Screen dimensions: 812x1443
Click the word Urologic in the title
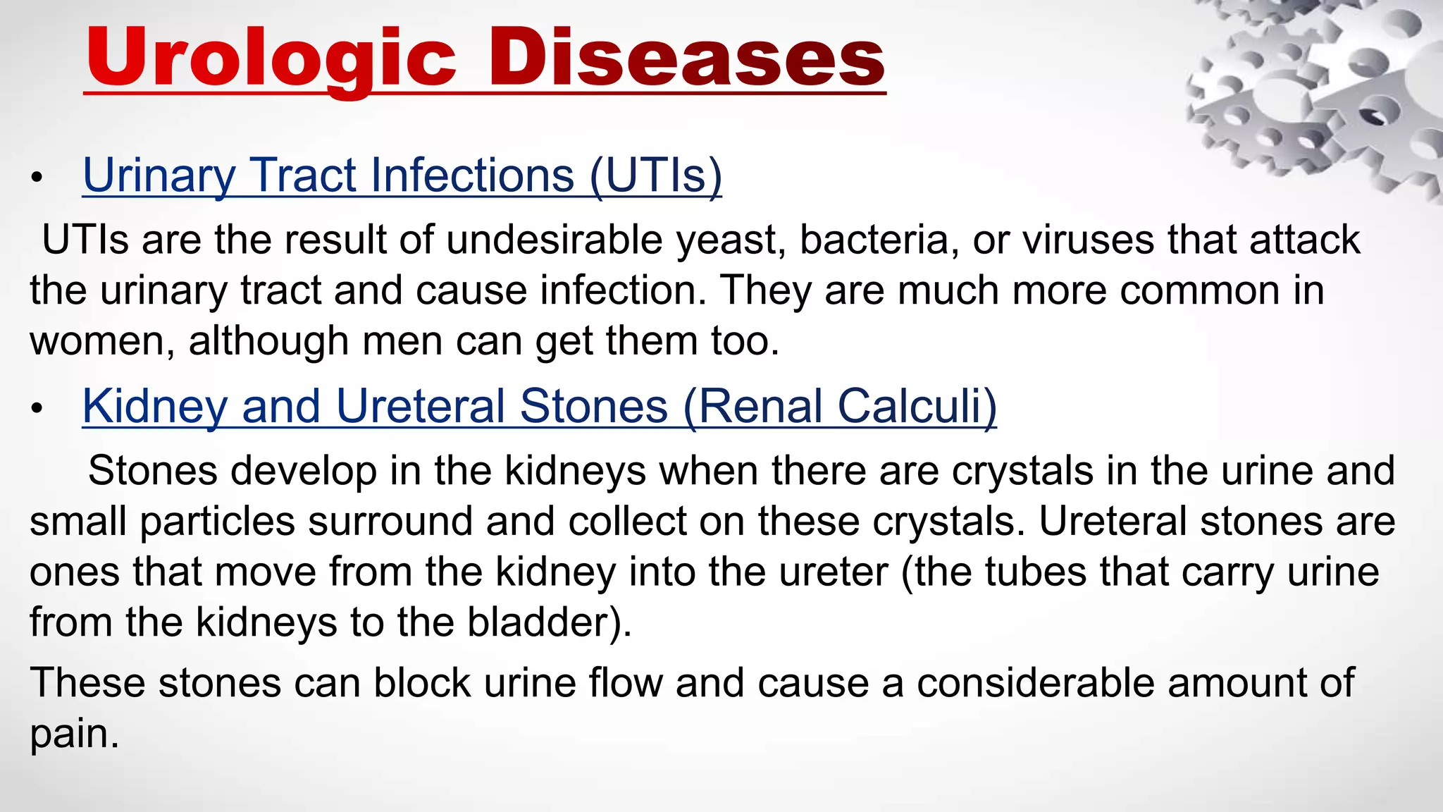271,58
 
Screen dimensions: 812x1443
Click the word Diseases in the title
687,58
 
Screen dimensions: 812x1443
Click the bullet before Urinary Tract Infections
37,178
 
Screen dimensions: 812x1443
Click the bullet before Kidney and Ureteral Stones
37,408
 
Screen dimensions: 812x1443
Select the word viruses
1088,240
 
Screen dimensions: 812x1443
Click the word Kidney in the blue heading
154,407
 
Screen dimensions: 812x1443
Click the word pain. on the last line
74,735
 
